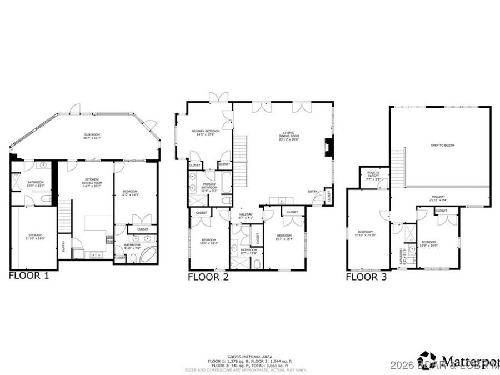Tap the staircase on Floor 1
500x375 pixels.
click(65, 216)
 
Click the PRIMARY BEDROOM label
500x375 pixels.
click(205, 131)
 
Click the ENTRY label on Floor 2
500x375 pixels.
click(313, 192)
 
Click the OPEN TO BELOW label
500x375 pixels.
click(443, 145)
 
